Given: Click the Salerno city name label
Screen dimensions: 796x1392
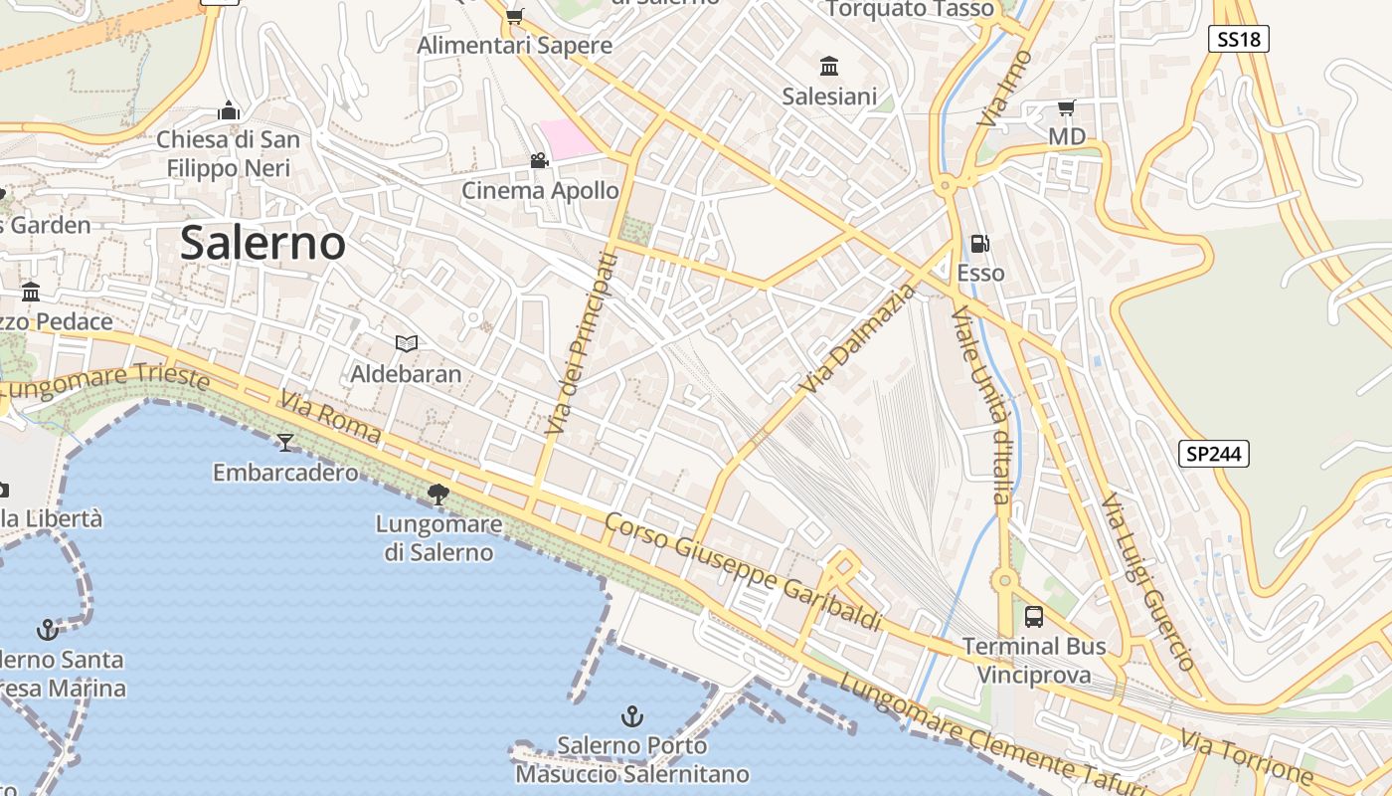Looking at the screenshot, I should (x=262, y=243).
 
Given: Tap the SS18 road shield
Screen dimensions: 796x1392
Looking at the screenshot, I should (x=1240, y=39).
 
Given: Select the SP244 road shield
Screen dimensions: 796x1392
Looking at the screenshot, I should (x=1214, y=454).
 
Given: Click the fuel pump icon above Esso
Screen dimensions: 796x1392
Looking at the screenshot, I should (x=980, y=244).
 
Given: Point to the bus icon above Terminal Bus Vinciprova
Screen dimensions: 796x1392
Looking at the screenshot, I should (x=1034, y=617).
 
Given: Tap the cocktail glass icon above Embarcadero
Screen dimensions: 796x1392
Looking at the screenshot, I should (x=286, y=442).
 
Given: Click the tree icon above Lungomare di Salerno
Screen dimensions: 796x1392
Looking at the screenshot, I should (x=437, y=494).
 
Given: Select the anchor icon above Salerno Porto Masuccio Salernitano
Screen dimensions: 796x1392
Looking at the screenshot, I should (x=631, y=715).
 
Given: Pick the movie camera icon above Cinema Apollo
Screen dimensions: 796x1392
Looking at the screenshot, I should (x=539, y=160).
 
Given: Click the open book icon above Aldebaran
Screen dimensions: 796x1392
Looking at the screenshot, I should (x=406, y=343).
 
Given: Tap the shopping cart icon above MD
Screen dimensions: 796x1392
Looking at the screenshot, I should (x=1067, y=107).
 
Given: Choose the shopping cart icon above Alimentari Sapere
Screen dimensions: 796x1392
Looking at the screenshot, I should (x=514, y=16).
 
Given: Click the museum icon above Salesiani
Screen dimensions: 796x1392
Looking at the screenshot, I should (x=829, y=67).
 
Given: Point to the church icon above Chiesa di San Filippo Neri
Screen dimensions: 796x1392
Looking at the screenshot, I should (x=229, y=110).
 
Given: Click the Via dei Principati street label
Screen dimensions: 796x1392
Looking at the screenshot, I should (x=583, y=344).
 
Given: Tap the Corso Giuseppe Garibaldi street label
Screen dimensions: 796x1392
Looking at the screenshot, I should (x=743, y=572).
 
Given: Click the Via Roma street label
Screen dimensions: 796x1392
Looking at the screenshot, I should (x=330, y=417).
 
